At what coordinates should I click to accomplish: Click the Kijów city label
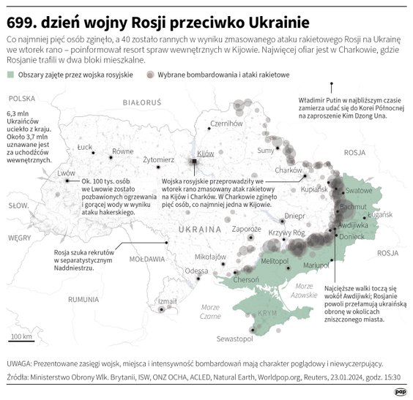coord(206,154)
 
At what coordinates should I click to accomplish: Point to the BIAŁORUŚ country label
coord(141,103)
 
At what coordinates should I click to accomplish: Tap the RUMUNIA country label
coord(83,299)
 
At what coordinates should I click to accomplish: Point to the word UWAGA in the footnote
coord(21,363)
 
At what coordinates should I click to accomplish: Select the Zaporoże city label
coord(226,229)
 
